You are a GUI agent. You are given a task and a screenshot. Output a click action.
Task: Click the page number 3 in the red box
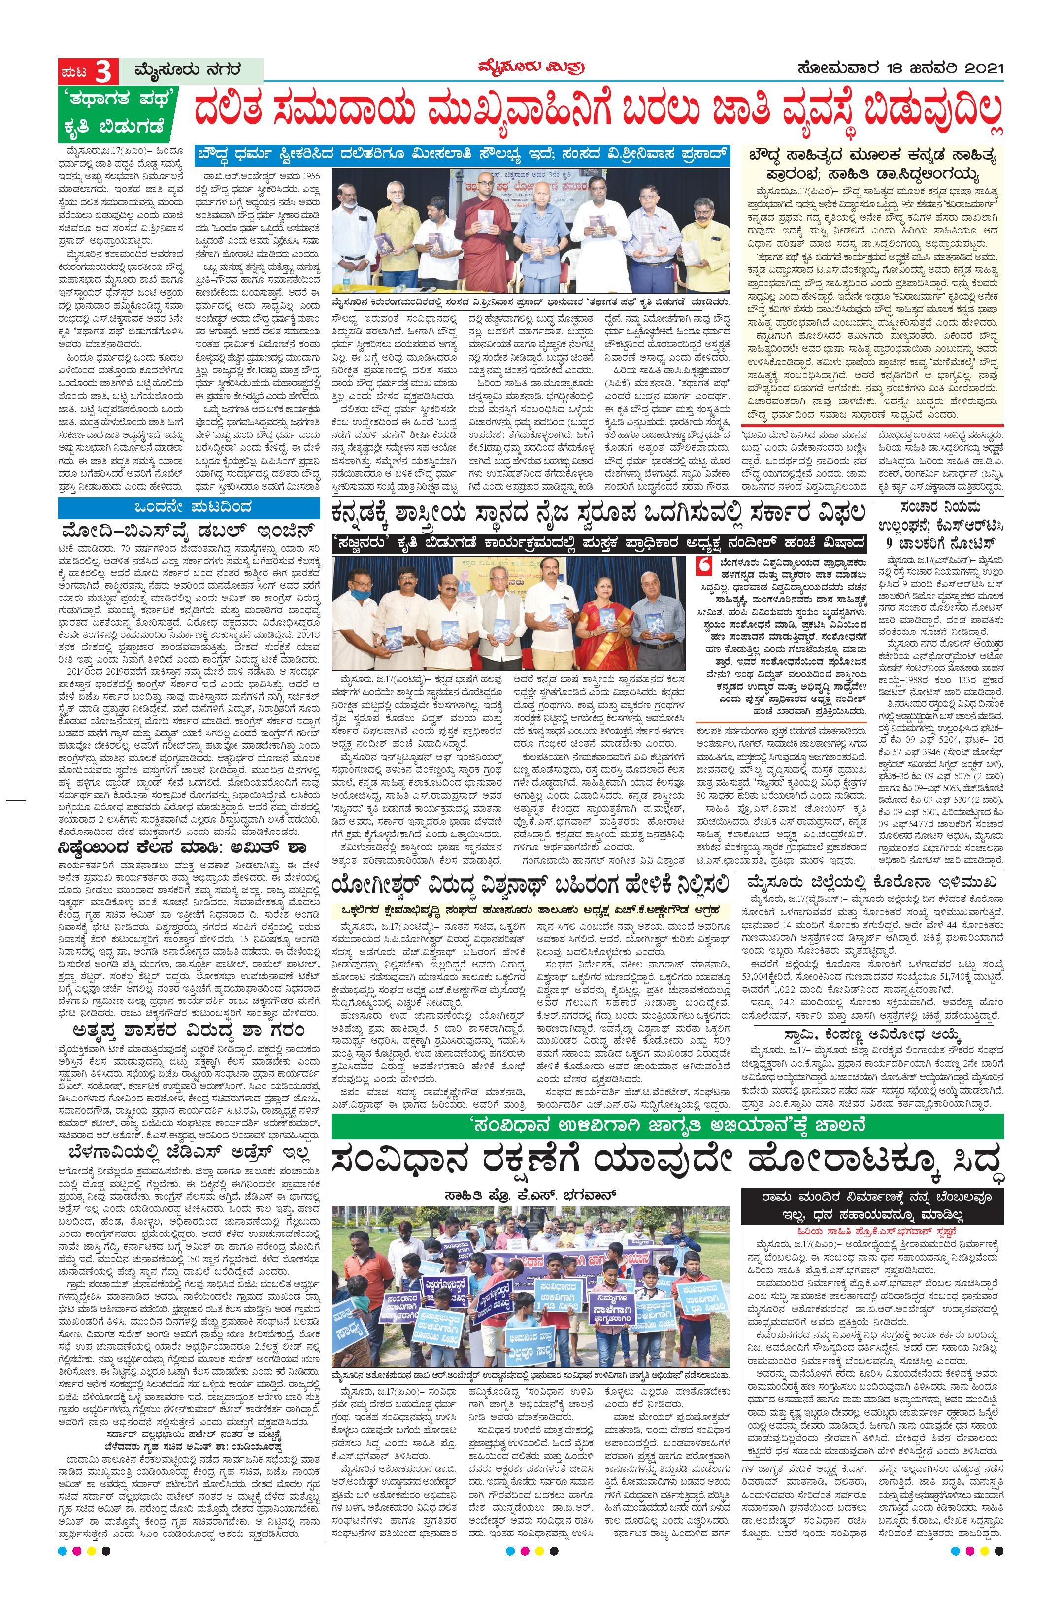click(103, 71)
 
